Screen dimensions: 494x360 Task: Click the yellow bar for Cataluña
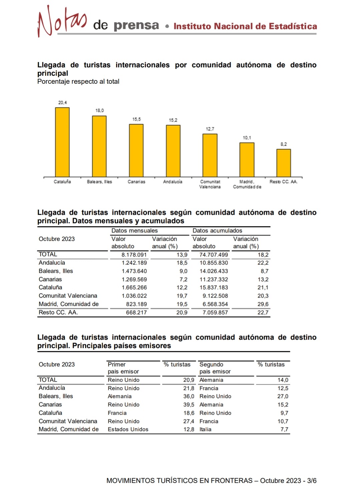(x=62, y=142)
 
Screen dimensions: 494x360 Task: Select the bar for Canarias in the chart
(x=136, y=150)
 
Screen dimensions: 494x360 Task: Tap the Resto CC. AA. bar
(x=284, y=163)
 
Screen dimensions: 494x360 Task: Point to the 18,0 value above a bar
(x=99, y=110)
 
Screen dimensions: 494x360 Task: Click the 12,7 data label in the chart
(x=210, y=129)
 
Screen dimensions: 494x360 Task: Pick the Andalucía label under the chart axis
(x=172, y=182)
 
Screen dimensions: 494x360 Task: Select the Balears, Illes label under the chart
(x=99, y=182)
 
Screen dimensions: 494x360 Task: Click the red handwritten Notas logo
(x=62, y=21)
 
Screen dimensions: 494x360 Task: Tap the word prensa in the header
(x=136, y=25)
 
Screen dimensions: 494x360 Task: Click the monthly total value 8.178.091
(x=134, y=255)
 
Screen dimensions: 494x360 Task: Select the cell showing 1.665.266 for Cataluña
(x=134, y=288)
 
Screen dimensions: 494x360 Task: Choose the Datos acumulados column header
(x=217, y=230)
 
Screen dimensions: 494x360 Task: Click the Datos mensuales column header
(x=134, y=230)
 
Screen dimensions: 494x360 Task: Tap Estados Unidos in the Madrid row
(x=128, y=429)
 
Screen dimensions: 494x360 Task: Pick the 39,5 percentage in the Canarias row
(x=189, y=405)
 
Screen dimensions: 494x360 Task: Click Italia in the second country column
(x=206, y=429)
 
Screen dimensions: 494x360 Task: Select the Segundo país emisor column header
(x=215, y=368)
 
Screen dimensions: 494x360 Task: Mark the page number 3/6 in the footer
(x=312, y=481)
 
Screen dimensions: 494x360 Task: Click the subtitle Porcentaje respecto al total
(x=78, y=81)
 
